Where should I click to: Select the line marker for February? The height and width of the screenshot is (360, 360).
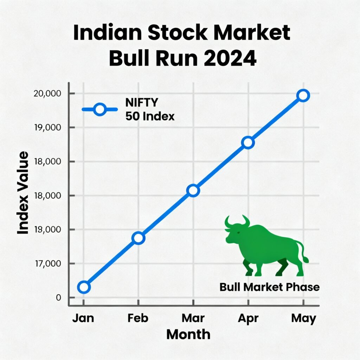[139, 238]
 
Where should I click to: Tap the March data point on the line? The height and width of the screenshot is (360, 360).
[193, 191]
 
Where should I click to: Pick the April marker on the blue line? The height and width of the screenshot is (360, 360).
[248, 142]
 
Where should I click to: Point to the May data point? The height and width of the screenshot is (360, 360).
[303, 95]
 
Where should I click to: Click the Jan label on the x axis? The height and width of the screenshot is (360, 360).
[83, 318]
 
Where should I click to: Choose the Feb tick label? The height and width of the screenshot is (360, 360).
[138, 318]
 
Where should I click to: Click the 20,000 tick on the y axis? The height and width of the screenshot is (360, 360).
[47, 94]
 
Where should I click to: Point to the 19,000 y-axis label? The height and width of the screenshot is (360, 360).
[47, 127]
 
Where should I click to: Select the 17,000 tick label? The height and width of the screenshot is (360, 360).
[47, 263]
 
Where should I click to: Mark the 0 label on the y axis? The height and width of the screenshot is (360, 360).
[58, 297]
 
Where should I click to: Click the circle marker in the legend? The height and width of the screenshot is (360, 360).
[100, 109]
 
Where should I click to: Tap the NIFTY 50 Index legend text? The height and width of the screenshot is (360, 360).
[149, 109]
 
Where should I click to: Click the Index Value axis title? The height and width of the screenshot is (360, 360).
[23, 193]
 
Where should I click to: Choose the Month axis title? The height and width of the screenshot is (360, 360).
[188, 334]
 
